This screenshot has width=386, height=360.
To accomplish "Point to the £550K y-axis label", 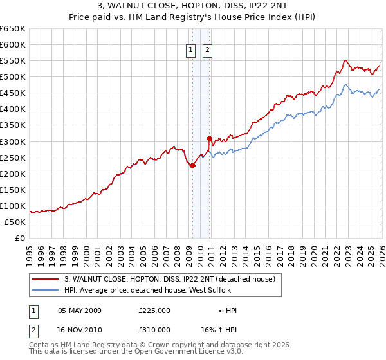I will point(13,61).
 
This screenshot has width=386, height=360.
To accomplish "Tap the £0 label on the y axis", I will point(20,239).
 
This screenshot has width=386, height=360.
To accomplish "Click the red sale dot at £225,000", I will point(192,165).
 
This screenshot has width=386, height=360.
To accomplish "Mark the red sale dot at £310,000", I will point(209,138).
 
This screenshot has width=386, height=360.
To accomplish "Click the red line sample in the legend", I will point(46,279).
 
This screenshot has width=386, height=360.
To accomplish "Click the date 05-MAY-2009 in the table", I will point(80,310).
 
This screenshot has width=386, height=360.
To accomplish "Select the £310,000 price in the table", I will point(154,329).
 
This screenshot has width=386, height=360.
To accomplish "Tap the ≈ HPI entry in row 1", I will point(227,310).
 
